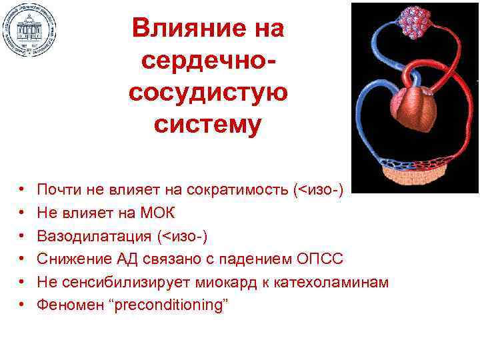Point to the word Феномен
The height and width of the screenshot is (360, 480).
[65, 304]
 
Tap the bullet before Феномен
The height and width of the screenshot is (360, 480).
[22, 305]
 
